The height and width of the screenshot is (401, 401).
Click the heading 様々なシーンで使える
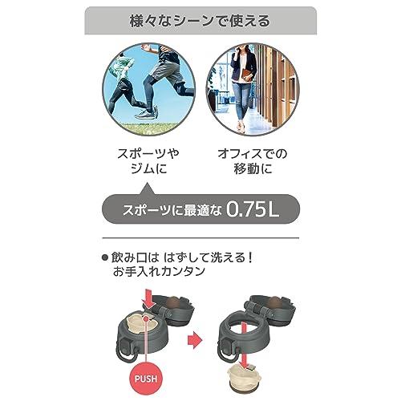[200, 21]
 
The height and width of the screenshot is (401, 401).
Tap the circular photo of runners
[148, 89]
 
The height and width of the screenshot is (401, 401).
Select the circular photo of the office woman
[253, 89]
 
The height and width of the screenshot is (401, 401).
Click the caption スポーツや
[148, 154]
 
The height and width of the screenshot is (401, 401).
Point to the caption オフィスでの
[253, 154]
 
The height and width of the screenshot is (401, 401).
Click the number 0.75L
[253, 209]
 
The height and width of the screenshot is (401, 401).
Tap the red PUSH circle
[146, 379]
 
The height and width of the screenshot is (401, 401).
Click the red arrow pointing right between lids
[195, 341]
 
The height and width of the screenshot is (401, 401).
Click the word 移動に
[253, 169]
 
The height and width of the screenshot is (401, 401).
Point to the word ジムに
[148, 169]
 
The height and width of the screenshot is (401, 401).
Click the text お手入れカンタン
[159, 271]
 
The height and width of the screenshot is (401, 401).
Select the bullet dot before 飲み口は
[105, 258]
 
